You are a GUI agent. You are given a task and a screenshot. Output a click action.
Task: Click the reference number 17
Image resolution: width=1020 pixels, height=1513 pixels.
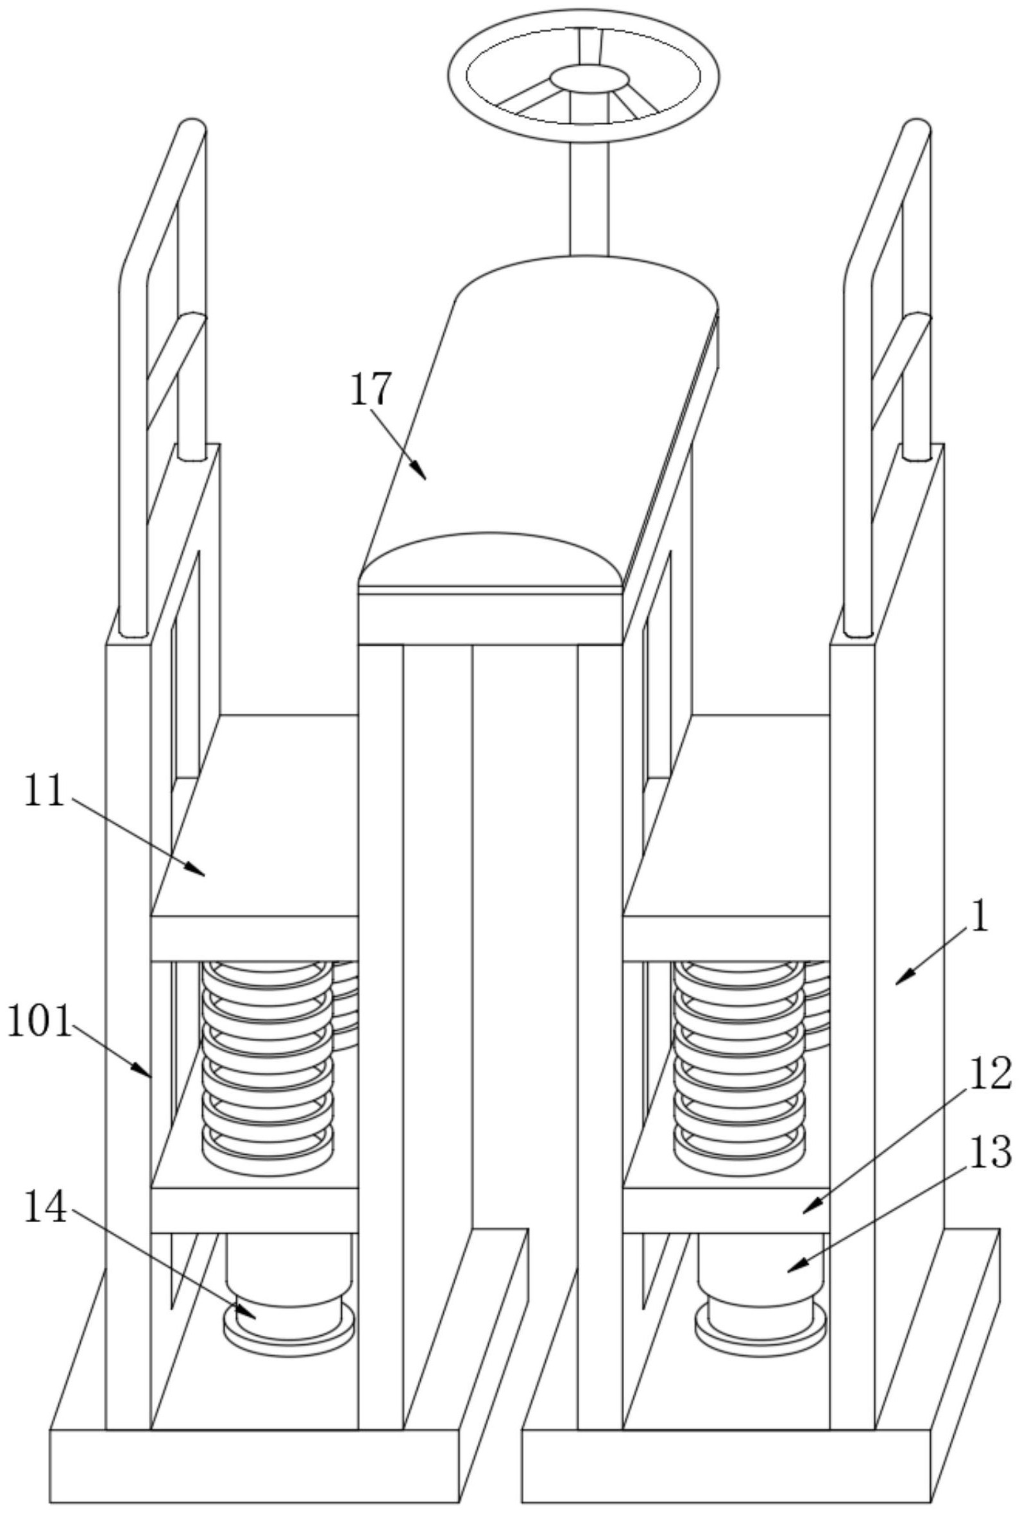pos(371,389)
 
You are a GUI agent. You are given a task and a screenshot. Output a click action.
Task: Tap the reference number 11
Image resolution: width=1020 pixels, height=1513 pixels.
pos(44,791)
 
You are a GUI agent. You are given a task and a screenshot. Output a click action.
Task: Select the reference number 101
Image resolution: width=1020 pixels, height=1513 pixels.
pos(38,1023)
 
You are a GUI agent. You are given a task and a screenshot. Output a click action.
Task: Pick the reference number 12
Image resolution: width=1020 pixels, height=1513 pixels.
pos(990,1073)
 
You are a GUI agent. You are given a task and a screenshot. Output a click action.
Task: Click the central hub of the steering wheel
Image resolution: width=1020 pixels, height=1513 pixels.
pos(590,78)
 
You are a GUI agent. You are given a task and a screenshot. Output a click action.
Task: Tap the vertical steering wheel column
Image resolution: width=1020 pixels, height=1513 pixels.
pos(589,195)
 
